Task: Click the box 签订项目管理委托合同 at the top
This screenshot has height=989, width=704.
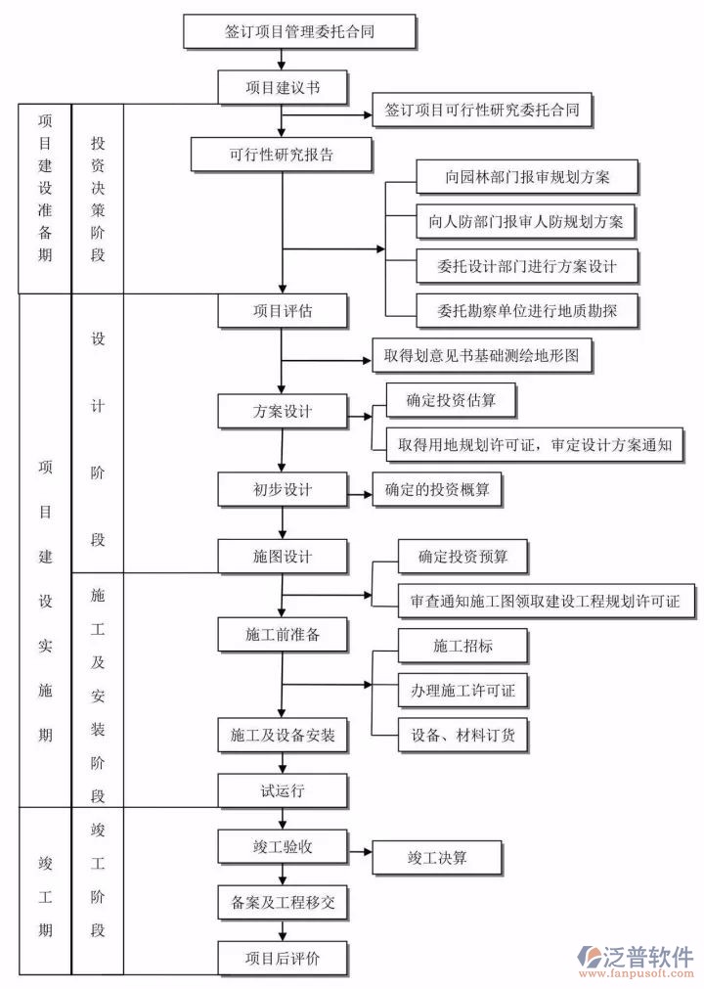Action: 300,30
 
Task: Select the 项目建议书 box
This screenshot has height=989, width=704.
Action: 283,86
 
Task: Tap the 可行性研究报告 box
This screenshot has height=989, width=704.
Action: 282,155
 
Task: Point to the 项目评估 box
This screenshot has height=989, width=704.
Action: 283,311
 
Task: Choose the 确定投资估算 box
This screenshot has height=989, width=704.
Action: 449,400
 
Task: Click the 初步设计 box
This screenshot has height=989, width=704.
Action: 283,488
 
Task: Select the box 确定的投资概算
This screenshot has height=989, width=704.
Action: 437,488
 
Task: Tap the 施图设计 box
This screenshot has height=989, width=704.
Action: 283,556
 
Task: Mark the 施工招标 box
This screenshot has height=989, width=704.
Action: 463,646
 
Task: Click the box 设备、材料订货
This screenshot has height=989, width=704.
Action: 463,734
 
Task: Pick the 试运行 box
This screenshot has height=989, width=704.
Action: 283,790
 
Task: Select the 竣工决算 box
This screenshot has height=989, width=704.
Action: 437,858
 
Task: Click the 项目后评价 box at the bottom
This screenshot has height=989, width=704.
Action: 283,958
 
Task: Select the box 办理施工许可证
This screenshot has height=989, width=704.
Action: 463,691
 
